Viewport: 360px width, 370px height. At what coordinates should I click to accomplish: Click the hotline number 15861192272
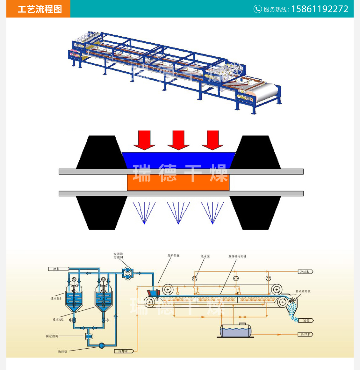coord(320,9)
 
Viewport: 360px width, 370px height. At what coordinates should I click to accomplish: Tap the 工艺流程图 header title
coord(40,9)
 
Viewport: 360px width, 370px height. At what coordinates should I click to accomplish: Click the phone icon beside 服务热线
coord(257,9)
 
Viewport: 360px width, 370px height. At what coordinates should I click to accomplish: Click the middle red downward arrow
coord(178,140)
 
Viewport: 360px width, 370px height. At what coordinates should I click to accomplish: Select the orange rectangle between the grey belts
coord(178,182)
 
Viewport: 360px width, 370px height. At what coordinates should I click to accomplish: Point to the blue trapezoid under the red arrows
coord(178,160)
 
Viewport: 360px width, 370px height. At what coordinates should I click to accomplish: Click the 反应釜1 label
coord(55,299)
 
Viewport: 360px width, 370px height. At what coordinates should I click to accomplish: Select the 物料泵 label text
coord(62,352)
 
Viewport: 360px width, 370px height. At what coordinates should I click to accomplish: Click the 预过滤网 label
coord(52,336)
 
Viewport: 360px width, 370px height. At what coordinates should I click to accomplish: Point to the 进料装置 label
coord(174,255)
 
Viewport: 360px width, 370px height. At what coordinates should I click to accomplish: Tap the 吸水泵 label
coord(205,256)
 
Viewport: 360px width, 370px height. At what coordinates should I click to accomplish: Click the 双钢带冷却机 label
coord(237,256)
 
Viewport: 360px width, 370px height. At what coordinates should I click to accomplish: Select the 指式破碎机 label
coord(303,291)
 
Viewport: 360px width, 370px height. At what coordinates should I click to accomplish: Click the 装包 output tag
coord(306,320)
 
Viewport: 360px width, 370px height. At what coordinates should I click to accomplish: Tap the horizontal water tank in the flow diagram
coord(235,330)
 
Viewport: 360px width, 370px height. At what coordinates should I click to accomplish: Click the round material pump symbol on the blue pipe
coord(102,345)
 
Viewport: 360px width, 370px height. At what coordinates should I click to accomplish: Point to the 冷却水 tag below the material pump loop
coord(124,351)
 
